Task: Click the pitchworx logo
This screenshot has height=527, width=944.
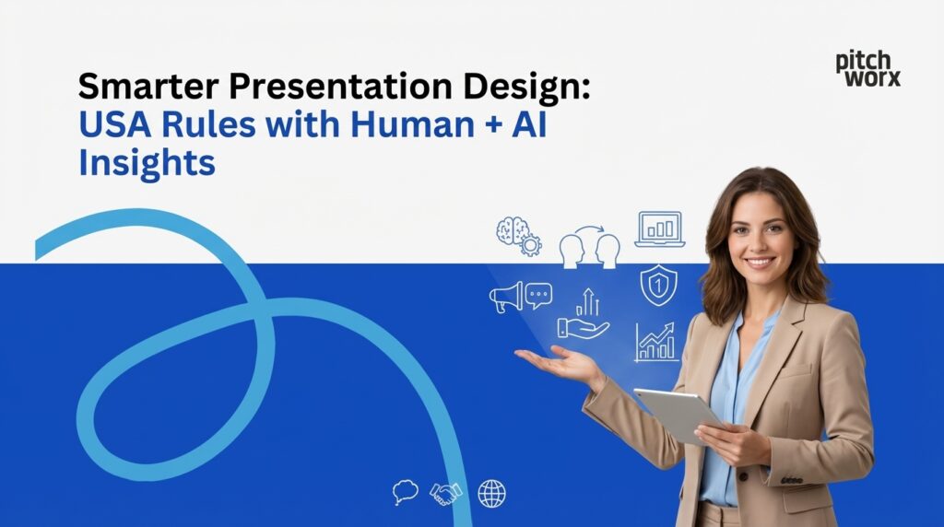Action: tap(867, 69)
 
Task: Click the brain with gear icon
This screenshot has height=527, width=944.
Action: tap(517, 236)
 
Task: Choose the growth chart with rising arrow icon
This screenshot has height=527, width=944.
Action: tap(655, 342)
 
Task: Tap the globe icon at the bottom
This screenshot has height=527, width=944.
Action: tap(491, 494)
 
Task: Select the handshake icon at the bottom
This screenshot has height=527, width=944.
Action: tap(446, 494)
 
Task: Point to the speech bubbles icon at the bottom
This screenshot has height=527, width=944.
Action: tap(405, 492)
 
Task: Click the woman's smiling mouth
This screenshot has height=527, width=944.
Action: tap(759, 261)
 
